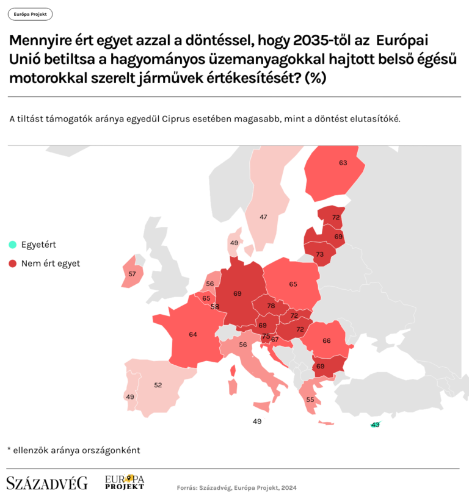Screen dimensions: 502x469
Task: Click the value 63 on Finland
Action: coord(343,163)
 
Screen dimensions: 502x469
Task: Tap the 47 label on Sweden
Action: coord(263,217)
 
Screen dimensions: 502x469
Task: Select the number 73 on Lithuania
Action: coord(319,254)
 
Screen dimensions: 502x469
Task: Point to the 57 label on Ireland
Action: coord(132,274)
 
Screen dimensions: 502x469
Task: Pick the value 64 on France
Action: coord(193,334)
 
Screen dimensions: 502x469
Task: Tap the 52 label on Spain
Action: coord(158,385)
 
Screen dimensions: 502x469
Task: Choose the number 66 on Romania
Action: coord(326,340)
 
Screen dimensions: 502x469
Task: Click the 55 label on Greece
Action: coord(310,400)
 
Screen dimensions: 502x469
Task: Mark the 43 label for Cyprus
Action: coord(376,425)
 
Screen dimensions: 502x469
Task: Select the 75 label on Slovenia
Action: coord(266,336)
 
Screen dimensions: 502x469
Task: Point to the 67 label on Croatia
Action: coord(275,339)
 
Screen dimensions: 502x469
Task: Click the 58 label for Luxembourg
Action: coord(214,306)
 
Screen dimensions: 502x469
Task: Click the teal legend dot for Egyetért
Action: coord(12,245)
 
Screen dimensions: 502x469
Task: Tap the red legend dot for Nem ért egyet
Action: coord(12,264)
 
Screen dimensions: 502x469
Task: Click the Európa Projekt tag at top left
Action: coord(30,14)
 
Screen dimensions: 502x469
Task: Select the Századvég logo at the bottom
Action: coord(47,483)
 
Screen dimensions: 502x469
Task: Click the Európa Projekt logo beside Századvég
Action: coord(125,482)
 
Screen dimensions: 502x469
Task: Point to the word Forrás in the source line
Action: coord(187,488)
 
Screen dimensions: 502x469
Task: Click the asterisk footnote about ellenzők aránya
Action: coord(73,450)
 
